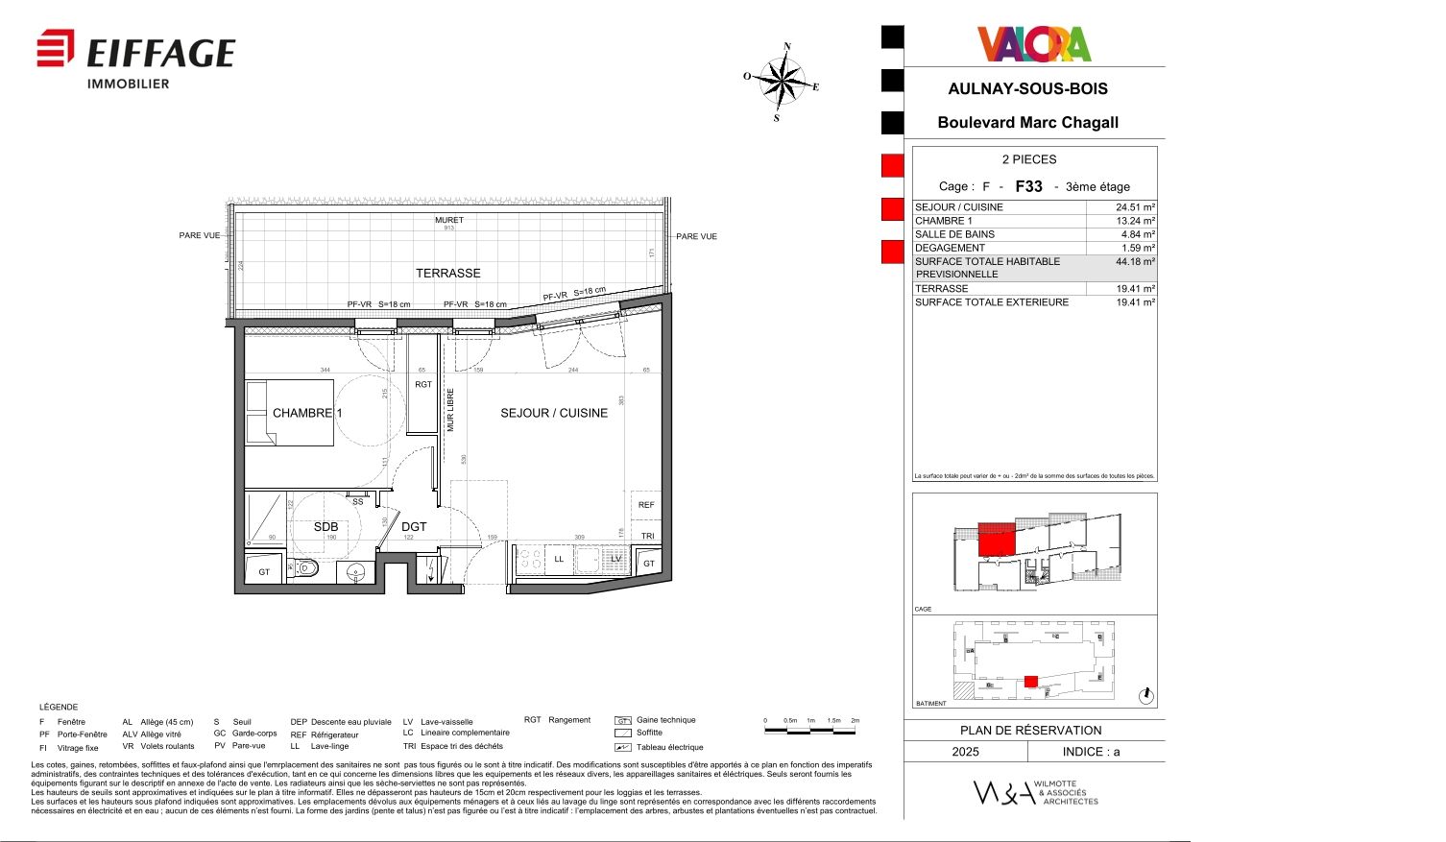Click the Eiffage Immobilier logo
(x=135, y=59)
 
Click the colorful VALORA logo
(x=1034, y=44)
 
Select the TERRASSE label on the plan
(x=447, y=274)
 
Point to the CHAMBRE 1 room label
(x=306, y=413)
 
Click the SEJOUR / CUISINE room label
(x=553, y=413)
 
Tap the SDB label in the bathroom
(x=325, y=527)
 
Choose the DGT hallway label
(x=414, y=527)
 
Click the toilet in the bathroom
(x=304, y=568)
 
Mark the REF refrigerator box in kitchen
(x=646, y=505)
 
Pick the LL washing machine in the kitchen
(x=559, y=559)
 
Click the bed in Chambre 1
(x=289, y=413)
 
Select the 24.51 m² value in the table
(x=1134, y=207)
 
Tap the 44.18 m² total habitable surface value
(x=1134, y=261)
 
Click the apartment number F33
(x=1028, y=186)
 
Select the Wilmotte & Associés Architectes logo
(x=1034, y=792)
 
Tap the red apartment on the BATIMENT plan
(x=1030, y=682)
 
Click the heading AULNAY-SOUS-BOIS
(x=1027, y=88)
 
